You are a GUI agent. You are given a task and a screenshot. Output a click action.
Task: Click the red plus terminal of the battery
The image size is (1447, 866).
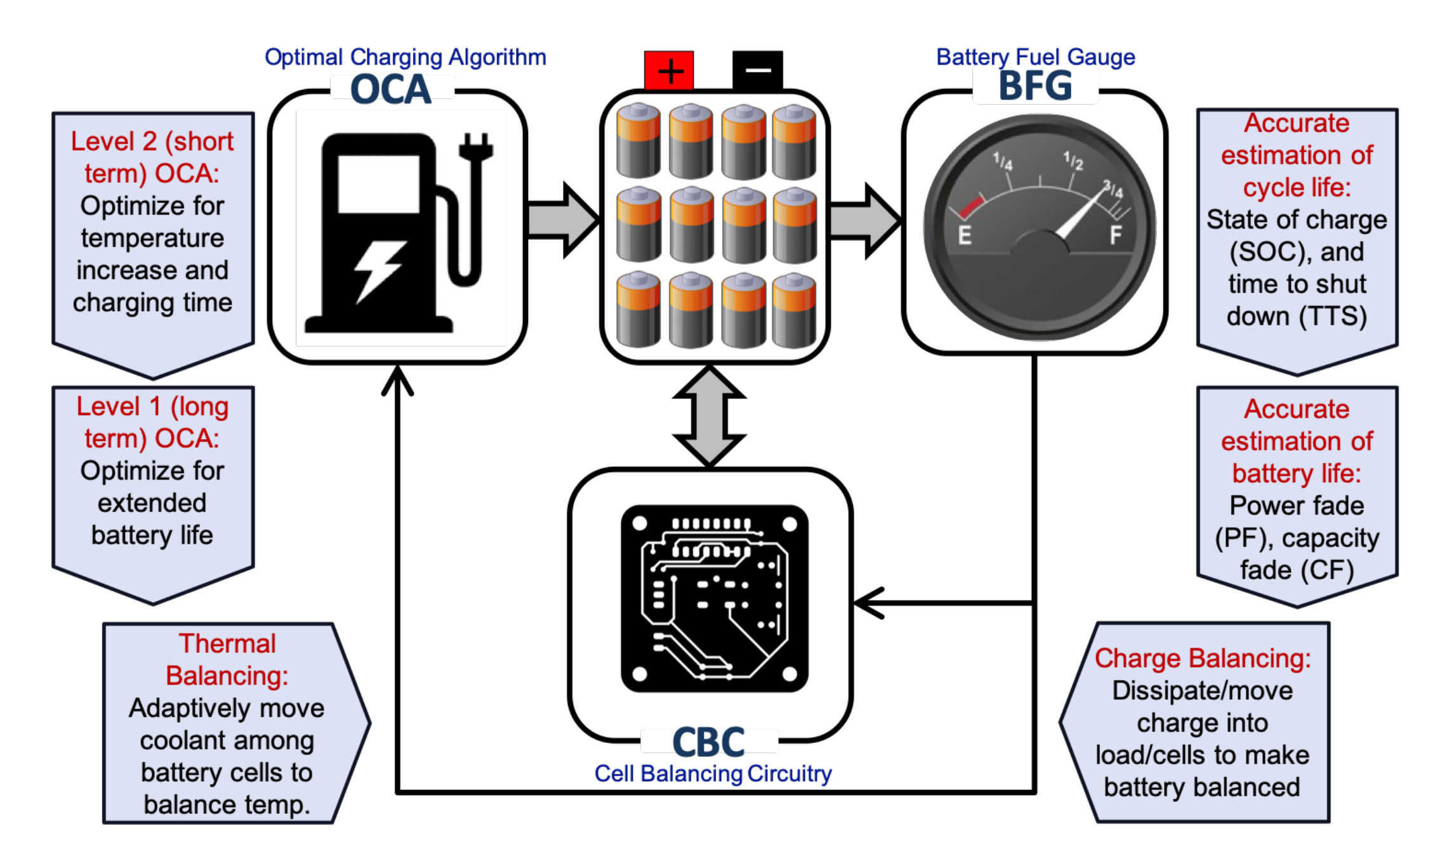[x=669, y=70]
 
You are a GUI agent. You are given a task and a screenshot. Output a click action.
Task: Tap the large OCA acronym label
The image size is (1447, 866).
[x=391, y=89]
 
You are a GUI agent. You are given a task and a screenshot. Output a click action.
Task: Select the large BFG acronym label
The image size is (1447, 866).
[x=1036, y=86]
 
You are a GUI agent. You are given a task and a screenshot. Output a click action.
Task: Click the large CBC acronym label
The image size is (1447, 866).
[x=708, y=742]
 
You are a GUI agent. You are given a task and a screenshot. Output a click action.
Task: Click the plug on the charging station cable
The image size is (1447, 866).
[x=475, y=147]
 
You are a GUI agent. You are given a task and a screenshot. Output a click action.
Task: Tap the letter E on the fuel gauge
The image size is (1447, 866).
[x=965, y=235]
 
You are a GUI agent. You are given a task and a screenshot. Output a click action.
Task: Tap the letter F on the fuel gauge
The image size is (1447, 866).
[x=1116, y=235]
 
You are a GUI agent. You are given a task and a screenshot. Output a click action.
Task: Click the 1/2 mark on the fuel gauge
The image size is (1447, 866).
[x=1073, y=161]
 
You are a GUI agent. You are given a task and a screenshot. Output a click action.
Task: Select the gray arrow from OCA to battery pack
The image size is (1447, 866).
[x=562, y=220]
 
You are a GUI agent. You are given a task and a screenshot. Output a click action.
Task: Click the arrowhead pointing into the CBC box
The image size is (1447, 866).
[x=867, y=603]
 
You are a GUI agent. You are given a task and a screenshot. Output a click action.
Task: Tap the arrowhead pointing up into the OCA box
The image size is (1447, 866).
[x=397, y=381]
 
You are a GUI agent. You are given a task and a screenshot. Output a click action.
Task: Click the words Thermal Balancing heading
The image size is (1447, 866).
[x=227, y=660]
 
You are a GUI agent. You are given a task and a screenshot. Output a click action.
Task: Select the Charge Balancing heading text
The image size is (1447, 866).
[x=1202, y=659]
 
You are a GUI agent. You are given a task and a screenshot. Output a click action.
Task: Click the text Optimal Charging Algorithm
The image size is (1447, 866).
[x=405, y=57]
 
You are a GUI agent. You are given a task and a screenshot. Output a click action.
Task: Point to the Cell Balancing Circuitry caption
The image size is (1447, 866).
[x=712, y=773]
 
